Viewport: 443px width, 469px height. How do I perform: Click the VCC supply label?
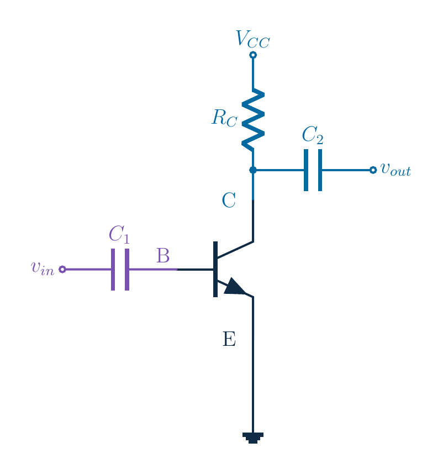click(253, 39)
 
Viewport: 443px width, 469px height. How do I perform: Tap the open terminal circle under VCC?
click(253, 55)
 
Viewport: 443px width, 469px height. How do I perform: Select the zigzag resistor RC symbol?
click(253, 120)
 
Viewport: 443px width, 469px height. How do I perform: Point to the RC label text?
click(224, 118)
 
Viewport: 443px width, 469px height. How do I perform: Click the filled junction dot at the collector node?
click(253, 170)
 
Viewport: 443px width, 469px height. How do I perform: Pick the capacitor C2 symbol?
click(313, 170)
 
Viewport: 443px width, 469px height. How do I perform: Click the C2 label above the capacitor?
click(313, 135)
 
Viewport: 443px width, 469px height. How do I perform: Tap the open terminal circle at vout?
click(373, 170)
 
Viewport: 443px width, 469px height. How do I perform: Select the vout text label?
click(395, 170)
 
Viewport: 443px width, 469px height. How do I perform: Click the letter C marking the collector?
click(229, 200)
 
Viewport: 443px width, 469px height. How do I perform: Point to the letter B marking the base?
click(163, 256)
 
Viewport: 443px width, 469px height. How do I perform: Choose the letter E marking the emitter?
click(229, 339)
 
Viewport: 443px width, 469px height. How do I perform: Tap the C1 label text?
click(119, 234)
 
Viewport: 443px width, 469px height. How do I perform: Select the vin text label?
click(43, 268)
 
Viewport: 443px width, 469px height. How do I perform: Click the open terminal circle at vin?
click(62, 270)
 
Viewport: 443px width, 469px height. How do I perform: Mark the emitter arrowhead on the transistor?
click(235, 287)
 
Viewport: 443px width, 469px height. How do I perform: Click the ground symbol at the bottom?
click(253, 438)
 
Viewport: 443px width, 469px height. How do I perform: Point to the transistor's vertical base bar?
click(215, 269)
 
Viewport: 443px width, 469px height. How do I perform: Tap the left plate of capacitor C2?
click(306, 170)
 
